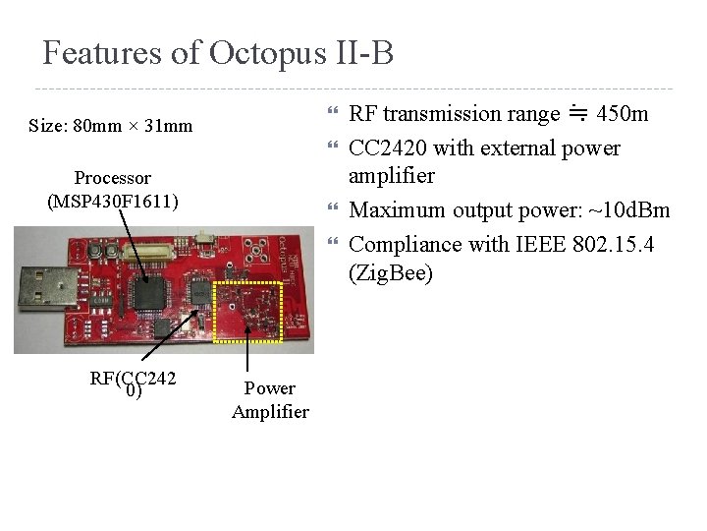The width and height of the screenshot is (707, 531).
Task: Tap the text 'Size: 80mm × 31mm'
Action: (111, 126)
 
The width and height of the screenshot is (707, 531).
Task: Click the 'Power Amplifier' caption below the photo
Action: (270, 400)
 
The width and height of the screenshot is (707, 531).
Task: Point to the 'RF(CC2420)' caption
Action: (133, 384)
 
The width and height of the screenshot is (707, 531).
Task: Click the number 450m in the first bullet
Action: (623, 114)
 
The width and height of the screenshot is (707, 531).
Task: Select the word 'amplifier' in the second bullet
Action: (392, 176)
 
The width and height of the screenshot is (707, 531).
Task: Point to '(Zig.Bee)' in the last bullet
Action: (391, 272)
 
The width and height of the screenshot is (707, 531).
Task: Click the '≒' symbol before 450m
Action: (578, 114)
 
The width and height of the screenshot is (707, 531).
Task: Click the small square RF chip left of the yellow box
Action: (201, 291)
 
